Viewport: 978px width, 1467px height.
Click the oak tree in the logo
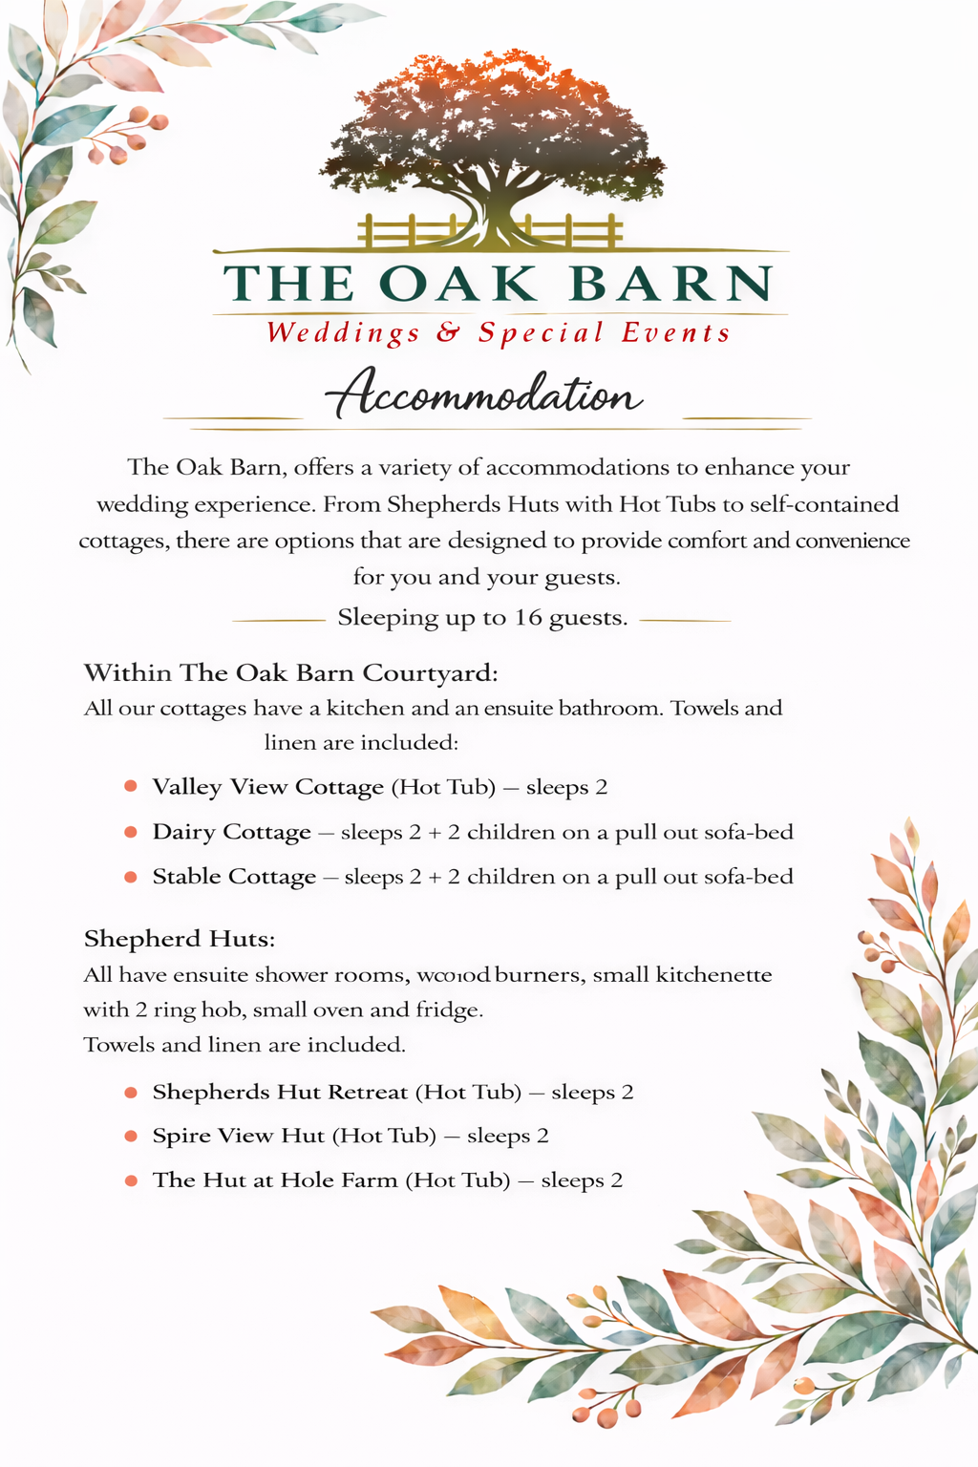point(494,134)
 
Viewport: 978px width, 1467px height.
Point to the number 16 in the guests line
point(528,618)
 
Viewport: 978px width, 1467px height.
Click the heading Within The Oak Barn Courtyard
point(290,673)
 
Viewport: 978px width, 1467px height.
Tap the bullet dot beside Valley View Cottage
point(131,787)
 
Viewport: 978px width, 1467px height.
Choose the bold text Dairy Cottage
point(232,832)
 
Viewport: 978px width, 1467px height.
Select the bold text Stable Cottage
point(234,877)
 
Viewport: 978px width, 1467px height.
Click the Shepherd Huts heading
point(180,939)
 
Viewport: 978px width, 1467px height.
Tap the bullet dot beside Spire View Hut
point(131,1136)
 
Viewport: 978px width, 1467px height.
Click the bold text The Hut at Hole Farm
point(275,1180)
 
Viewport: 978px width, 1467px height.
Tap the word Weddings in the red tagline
point(343,332)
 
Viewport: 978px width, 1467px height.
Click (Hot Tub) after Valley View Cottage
point(444,787)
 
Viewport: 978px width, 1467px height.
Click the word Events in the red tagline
point(676,332)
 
